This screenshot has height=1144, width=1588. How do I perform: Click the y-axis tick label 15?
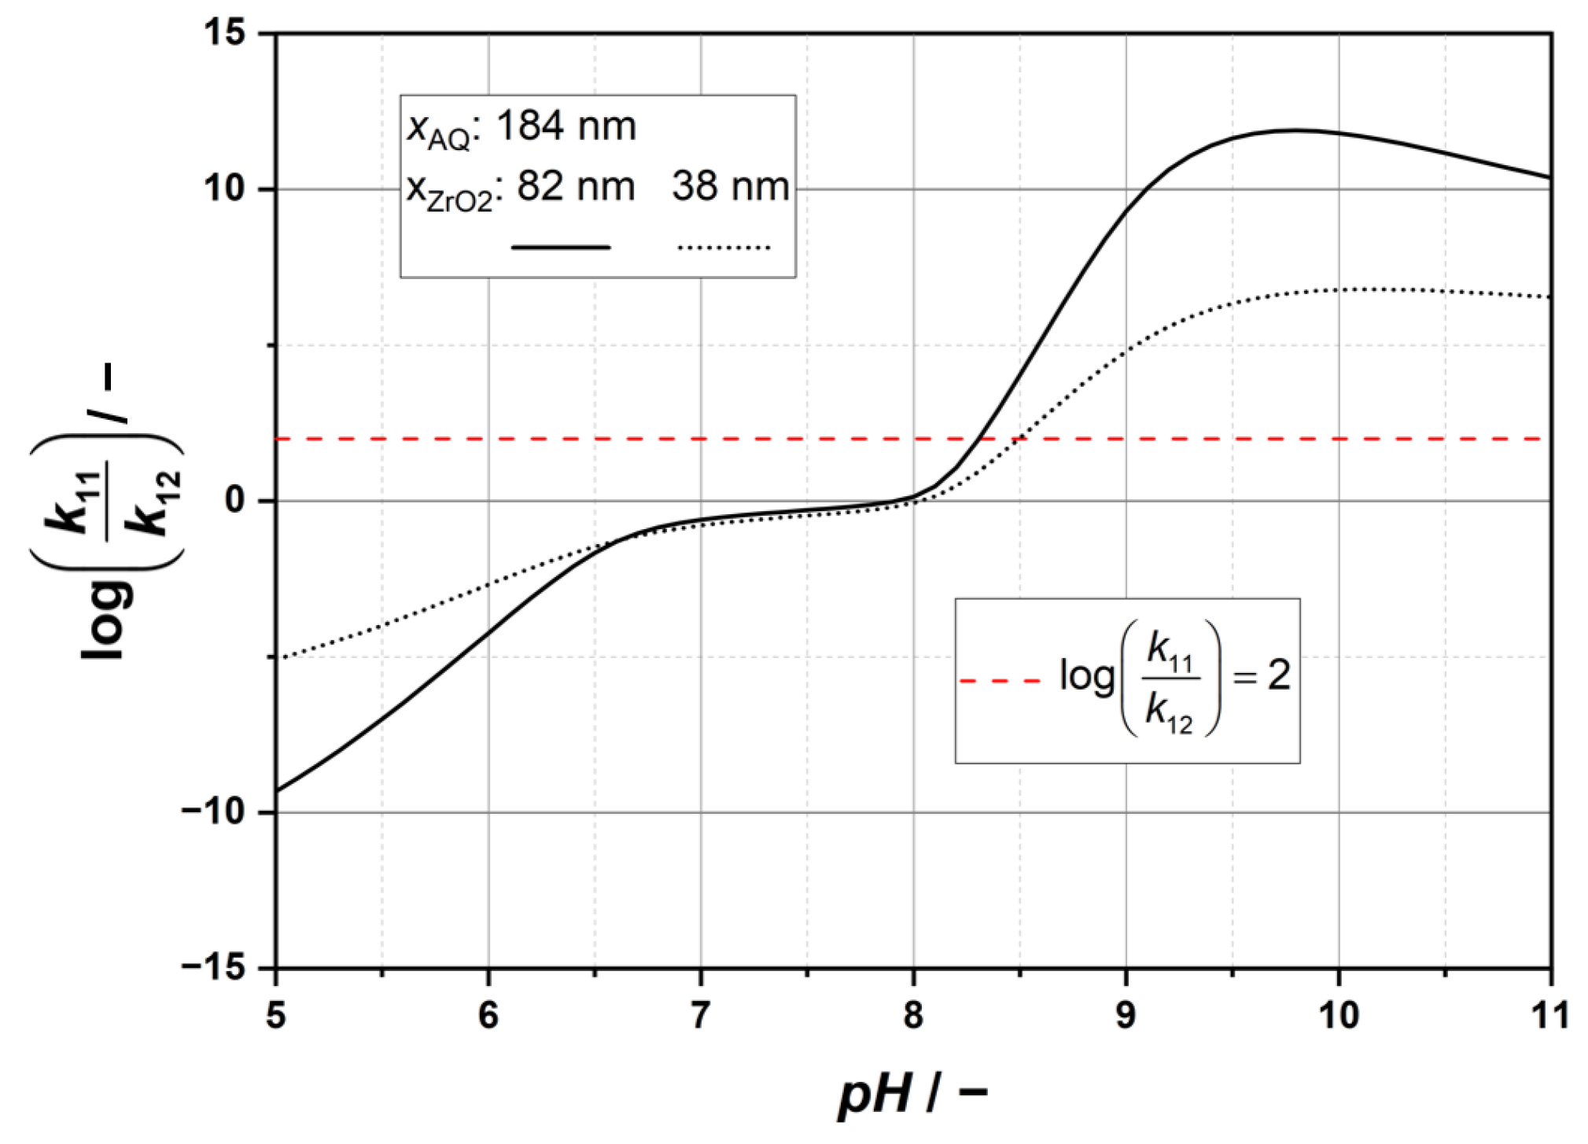[227, 33]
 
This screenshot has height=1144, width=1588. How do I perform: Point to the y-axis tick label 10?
[227, 189]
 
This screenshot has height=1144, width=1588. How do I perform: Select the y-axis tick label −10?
[214, 811]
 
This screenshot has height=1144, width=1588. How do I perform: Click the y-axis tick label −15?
[214, 967]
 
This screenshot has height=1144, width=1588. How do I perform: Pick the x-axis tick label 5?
[276, 1015]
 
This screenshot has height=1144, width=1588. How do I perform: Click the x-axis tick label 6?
[488, 1015]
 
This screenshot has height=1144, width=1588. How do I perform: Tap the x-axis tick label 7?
[701, 1015]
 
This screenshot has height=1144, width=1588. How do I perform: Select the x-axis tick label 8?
[913, 1015]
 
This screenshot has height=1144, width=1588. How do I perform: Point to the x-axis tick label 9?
[1126, 1015]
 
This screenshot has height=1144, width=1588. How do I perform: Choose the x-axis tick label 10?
[1338, 1015]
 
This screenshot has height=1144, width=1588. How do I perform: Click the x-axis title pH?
[875, 1094]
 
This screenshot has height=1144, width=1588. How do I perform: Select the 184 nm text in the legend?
[566, 126]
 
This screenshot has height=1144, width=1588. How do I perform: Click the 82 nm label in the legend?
[576, 187]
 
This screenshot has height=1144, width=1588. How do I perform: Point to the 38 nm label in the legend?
[730, 187]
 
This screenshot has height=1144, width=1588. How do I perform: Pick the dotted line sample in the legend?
[724, 248]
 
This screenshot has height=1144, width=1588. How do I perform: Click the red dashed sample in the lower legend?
[1000, 680]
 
